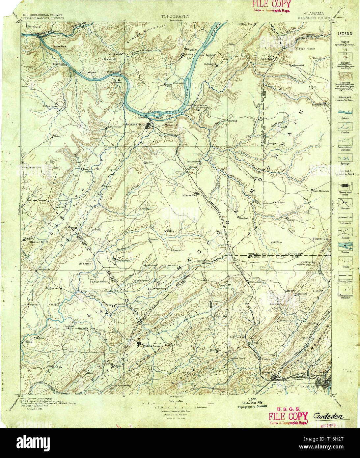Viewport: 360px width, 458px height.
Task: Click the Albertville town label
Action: (x=189, y=195)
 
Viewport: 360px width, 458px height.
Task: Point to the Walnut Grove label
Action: (x=152, y=346)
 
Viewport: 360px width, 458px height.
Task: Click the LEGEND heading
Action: (x=345, y=34)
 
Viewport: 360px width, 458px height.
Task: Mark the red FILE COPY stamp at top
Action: (x=271, y=4)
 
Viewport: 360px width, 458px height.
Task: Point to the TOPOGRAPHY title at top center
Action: (x=175, y=16)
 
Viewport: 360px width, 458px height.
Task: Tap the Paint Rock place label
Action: (x=61, y=47)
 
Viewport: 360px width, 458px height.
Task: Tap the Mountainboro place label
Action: (x=257, y=282)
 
